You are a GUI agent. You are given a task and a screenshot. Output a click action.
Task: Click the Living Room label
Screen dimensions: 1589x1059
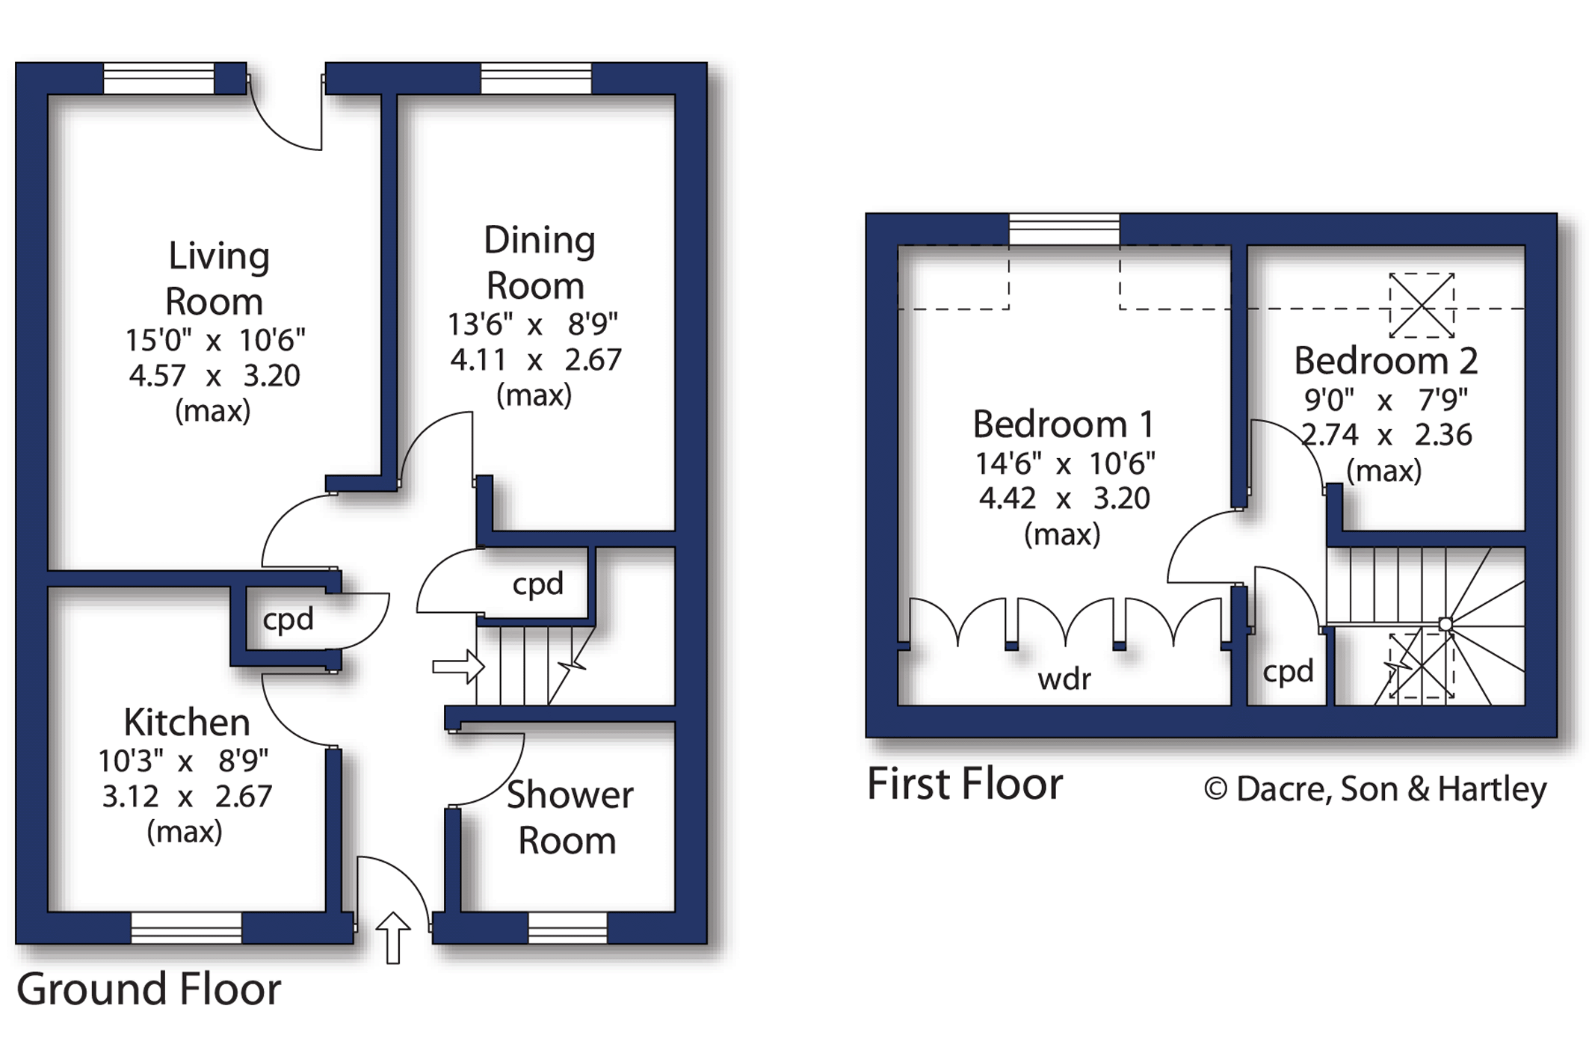tap(216, 279)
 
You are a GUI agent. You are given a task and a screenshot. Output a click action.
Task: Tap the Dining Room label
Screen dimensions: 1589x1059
tap(538, 263)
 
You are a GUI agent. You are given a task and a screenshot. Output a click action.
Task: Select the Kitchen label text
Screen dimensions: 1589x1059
tap(186, 723)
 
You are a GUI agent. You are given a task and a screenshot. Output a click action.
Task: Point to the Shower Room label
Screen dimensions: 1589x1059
tap(569, 818)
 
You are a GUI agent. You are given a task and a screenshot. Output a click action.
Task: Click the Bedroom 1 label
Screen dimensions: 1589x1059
tap(1063, 424)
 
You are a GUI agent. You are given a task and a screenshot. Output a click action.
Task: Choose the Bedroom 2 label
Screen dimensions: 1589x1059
tap(1386, 361)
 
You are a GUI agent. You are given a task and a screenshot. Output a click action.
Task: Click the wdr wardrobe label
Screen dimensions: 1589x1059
tap(1064, 679)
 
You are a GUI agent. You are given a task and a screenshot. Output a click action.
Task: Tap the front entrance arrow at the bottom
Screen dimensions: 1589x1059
tap(392, 937)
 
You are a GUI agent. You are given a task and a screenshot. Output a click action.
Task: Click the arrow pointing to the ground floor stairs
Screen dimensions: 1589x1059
tap(458, 666)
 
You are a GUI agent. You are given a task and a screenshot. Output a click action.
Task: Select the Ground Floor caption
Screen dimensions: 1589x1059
tap(149, 989)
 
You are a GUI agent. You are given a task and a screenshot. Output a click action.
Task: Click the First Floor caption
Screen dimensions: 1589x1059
tap(964, 784)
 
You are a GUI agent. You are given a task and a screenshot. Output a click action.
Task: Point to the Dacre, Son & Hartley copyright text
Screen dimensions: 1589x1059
tap(1374, 789)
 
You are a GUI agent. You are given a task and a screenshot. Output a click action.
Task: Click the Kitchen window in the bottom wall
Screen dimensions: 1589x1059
tap(186, 927)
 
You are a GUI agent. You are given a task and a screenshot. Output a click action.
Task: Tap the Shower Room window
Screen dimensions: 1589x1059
tap(567, 927)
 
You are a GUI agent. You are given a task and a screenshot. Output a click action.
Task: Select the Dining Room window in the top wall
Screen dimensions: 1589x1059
tap(536, 78)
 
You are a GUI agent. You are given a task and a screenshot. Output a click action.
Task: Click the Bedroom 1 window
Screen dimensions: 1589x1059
tap(1064, 229)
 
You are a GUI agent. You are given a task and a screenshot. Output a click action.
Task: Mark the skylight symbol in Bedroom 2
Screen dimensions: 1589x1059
tap(1422, 306)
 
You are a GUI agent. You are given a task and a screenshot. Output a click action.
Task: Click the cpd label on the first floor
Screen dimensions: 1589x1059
tap(1288, 672)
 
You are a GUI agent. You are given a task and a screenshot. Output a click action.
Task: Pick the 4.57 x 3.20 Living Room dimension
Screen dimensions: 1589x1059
tap(215, 375)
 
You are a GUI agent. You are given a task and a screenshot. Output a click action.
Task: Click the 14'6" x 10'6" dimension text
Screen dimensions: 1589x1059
tap(1065, 464)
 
